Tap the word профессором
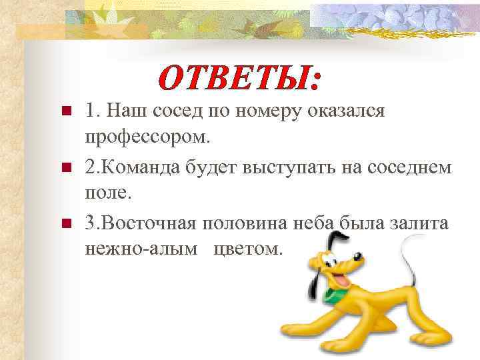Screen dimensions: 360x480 pyautogui.click(x=147, y=138)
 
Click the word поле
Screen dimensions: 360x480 pyautogui.click(x=109, y=194)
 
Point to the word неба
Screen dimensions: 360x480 pyautogui.click(x=312, y=222)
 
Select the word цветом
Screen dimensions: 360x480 pyautogui.click(x=247, y=249)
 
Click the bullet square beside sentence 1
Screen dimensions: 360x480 pyautogui.click(x=65, y=111)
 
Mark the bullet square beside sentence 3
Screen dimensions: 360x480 pyautogui.click(x=65, y=223)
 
